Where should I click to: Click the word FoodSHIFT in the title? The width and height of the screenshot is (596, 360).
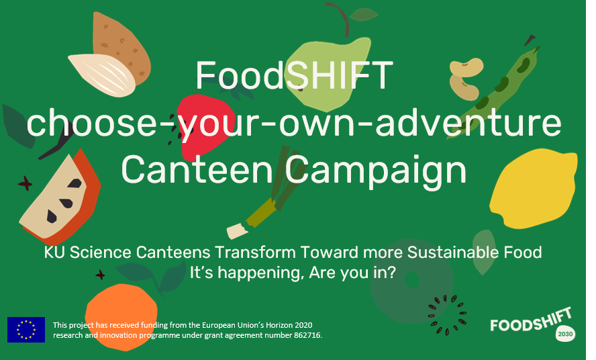(x=294, y=75)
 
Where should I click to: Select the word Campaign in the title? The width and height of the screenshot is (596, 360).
(x=376, y=172)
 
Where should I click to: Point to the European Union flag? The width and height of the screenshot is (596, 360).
(x=26, y=330)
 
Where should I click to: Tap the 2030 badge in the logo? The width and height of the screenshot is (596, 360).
(x=565, y=334)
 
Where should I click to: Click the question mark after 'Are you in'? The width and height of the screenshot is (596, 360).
(x=392, y=273)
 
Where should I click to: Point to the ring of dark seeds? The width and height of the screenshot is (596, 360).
(x=447, y=315)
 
